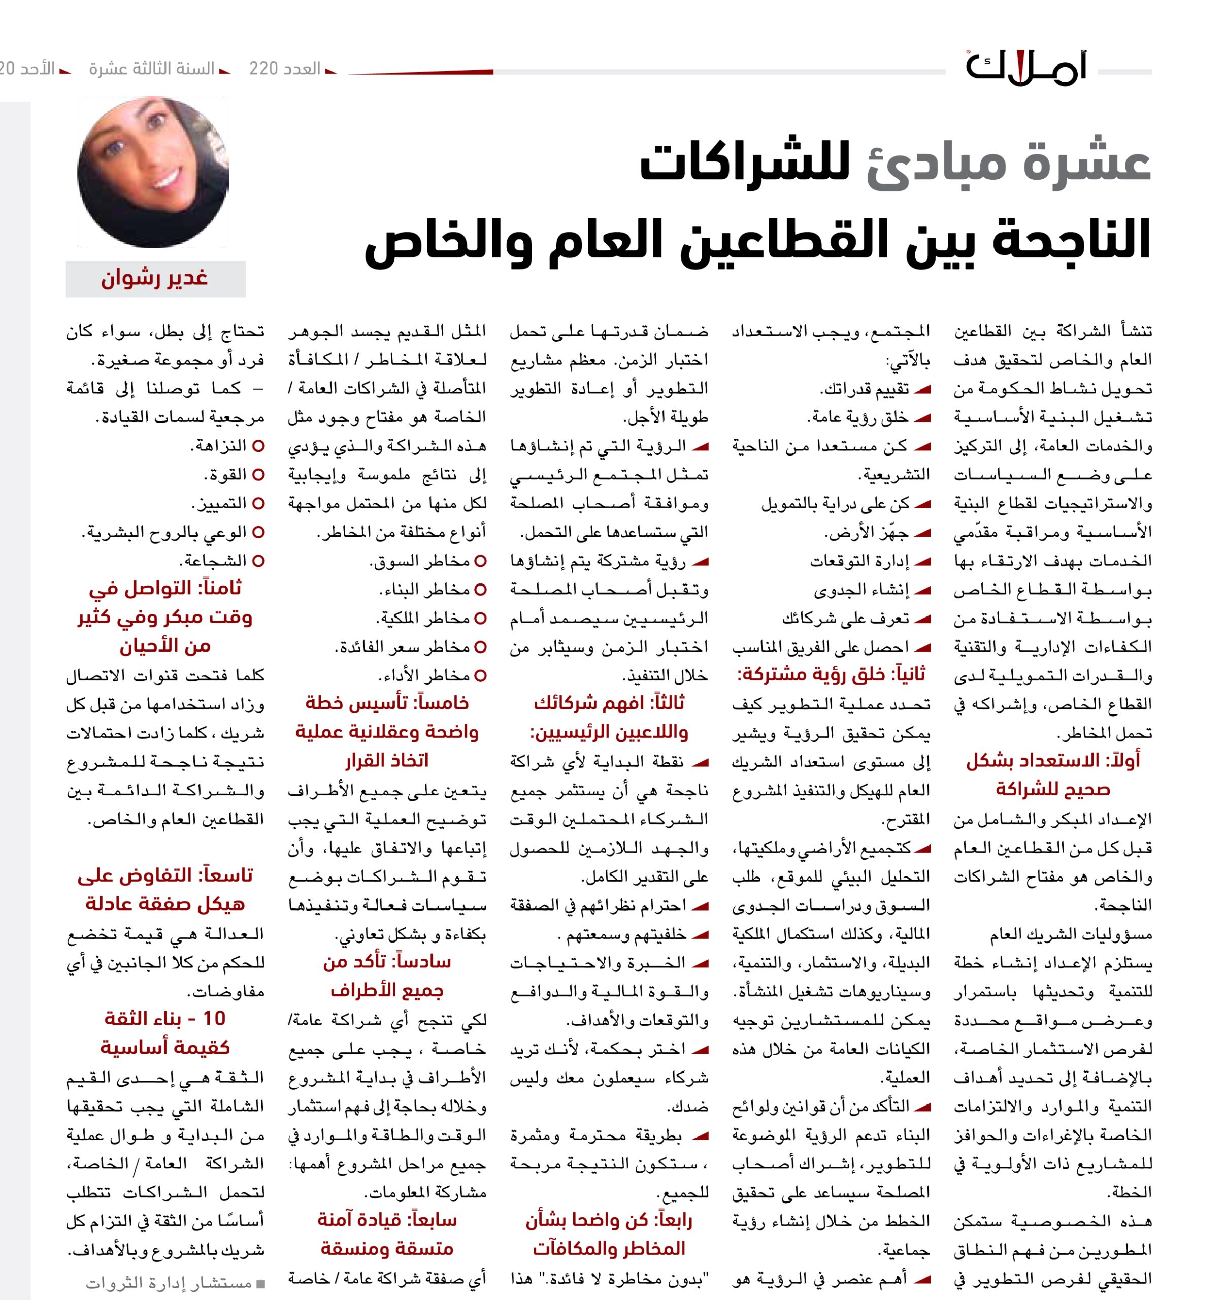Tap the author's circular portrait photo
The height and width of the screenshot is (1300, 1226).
tap(153, 172)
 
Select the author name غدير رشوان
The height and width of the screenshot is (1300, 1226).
tap(154, 279)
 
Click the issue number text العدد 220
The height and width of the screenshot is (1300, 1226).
tap(284, 69)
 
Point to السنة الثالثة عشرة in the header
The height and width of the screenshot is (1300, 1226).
tap(152, 69)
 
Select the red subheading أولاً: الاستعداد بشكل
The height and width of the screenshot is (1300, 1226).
tap(1053, 761)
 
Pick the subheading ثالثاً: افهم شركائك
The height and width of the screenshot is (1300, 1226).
tap(609, 703)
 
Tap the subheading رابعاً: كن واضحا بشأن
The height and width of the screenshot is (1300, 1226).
tap(609, 1220)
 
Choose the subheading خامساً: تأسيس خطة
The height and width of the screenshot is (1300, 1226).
tap(387, 703)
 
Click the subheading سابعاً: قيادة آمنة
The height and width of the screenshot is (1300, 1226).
tap(387, 1220)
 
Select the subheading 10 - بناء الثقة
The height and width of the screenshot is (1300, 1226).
tap(165, 1018)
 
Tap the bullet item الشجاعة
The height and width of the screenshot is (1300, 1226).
tap(213, 561)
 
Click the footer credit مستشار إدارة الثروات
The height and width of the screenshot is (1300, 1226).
tap(169, 1284)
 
